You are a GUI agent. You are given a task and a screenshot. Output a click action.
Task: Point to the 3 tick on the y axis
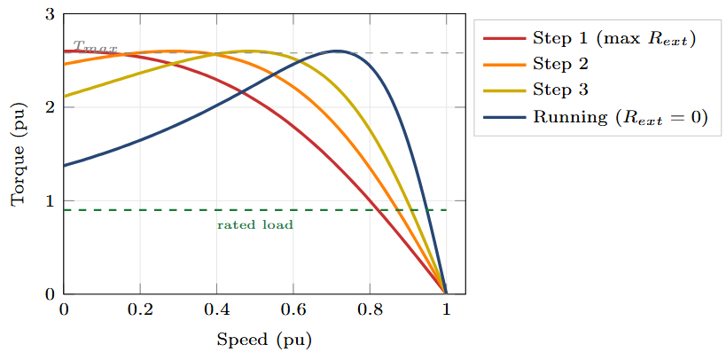click(x=50, y=14)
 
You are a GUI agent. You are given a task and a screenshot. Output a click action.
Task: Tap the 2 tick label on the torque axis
click(x=50, y=107)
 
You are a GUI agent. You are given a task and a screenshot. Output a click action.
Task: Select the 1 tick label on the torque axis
click(x=50, y=200)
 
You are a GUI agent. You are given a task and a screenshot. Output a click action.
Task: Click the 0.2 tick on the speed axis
click(x=140, y=309)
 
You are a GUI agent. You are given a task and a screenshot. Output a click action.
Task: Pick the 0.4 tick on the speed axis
click(x=216, y=309)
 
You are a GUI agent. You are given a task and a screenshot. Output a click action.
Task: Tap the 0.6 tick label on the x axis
click(x=293, y=309)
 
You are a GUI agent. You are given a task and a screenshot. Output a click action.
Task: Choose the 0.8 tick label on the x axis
click(x=369, y=309)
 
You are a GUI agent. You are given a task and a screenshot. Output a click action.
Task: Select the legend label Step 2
click(x=560, y=64)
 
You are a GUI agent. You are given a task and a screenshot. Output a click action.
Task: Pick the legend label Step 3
click(x=560, y=90)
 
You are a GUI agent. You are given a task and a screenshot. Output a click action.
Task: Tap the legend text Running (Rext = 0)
click(x=620, y=117)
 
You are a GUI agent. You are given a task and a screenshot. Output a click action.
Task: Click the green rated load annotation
click(x=255, y=225)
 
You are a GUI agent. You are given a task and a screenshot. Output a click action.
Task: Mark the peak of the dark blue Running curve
click(x=337, y=51)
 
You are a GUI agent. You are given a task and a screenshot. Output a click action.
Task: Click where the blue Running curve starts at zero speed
click(x=65, y=166)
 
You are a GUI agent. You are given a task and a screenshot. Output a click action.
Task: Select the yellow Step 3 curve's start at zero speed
click(x=65, y=97)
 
